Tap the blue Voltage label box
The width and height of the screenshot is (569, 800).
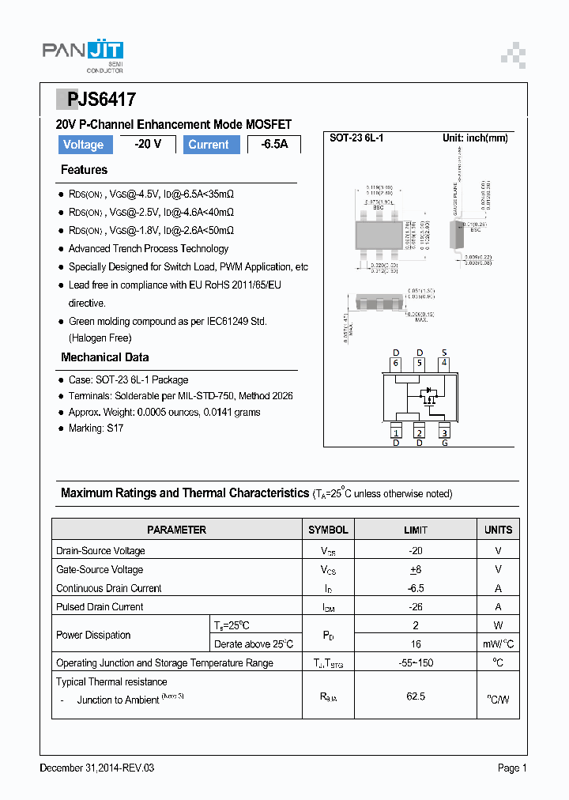(x=83, y=145)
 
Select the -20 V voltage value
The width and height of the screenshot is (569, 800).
(x=148, y=144)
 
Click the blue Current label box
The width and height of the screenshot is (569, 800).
(x=209, y=145)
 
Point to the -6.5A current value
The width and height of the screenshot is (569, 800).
(x=274, y=145)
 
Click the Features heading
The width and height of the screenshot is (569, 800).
(x=84, y=170)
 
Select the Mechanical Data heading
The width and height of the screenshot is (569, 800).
(x=104, y=357)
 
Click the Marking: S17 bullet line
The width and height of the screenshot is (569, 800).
(x=96, y=428)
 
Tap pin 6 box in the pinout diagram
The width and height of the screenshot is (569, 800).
(x=396, y=364)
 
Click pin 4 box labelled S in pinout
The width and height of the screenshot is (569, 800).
(x=444, y=364)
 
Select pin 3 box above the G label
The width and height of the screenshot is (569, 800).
(x=444, y=432)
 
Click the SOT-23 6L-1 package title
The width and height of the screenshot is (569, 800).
(x=356, y=138)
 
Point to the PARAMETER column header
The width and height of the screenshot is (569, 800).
(x=176, y=530)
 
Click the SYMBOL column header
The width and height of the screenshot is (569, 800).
(x=328, y=530)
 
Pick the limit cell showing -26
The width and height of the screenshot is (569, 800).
(x=416, y=607)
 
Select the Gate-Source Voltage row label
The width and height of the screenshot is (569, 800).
(x=100, y=569)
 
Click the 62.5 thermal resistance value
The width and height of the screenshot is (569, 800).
(x=416, y=696)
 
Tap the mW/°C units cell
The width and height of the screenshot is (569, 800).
(x=498, y=644)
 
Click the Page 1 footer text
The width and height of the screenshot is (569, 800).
(x=511, y=768)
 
